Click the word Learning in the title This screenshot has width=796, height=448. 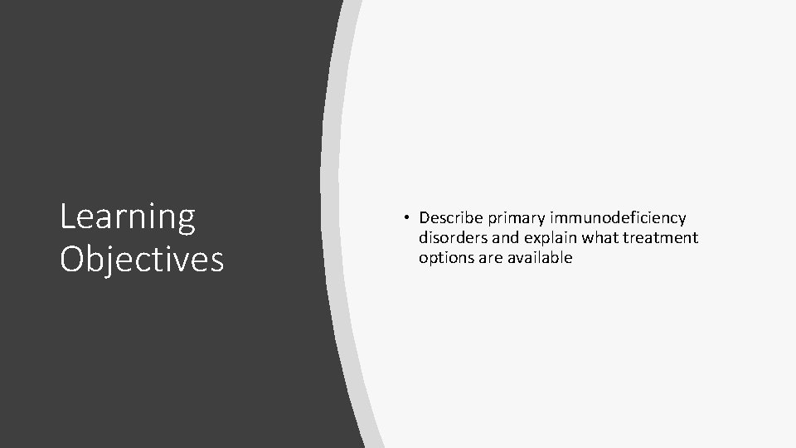(x=128, y=217)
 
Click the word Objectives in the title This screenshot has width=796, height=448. (x=142, y=258)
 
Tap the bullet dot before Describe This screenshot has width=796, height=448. (x=408, y=217)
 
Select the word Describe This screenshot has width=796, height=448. (x=450, y=218)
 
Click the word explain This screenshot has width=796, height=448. (x=549, y=238)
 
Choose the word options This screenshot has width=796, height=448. (x=445, y=258)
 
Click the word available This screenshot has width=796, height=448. (x=541, y=258)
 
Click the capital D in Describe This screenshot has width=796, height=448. (x=425, y=218)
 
